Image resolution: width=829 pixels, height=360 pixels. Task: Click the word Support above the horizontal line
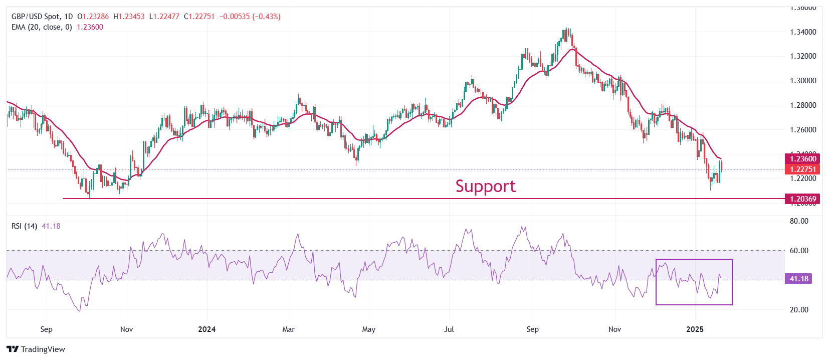pos(485,187)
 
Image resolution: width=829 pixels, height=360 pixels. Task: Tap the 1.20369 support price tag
pos(803,199)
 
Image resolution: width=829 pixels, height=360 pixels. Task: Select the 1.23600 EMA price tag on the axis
pos(803,159)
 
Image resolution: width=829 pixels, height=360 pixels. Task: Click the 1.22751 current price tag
pos(803,169)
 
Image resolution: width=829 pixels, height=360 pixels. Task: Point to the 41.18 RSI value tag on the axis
pos(799,279)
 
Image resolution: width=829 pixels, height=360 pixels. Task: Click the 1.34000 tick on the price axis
pos(803,32)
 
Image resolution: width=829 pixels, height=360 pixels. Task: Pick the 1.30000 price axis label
pos(803,81)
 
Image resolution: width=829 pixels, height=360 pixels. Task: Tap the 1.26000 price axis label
pos(803,130)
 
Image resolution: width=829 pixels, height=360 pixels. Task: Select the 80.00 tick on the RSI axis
pos(799,221)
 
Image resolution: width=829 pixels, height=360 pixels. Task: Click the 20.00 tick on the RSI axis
pos(799,310)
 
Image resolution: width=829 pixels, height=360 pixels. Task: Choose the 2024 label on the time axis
pos(206,329)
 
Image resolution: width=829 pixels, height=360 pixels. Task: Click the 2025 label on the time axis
pos(695,329)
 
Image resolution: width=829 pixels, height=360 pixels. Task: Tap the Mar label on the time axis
pos(288,329)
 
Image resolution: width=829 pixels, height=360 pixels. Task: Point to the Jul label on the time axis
pos(449,329)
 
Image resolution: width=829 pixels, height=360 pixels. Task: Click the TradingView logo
pos(36,349)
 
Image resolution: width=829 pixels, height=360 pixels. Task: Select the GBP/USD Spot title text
pos(36,17)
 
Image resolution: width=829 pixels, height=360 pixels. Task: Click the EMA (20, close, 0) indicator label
pos(42,27)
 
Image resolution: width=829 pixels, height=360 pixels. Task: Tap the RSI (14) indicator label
pos(24,226)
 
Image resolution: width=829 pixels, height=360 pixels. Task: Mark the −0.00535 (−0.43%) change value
pos(250,17)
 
